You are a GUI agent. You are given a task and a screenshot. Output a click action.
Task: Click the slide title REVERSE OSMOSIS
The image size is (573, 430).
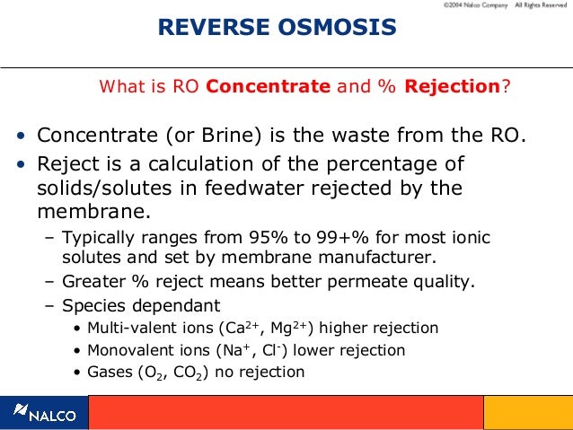click(x=277, y=28)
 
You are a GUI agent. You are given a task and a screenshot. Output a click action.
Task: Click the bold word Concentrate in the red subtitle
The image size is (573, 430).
click(x=269, y=87)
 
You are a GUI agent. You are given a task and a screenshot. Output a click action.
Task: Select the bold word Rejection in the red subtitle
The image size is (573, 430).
click(x=452, y=87)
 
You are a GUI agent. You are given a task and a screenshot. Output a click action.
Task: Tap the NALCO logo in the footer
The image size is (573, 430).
click(x=45, y=414)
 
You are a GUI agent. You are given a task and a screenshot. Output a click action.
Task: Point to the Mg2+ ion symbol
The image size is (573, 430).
click(x=286, y=328)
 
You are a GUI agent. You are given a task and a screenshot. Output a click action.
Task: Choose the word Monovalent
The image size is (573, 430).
click(x=128, y=350)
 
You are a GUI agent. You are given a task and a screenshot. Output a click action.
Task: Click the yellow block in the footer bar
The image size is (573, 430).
click(x=527, y=413)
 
